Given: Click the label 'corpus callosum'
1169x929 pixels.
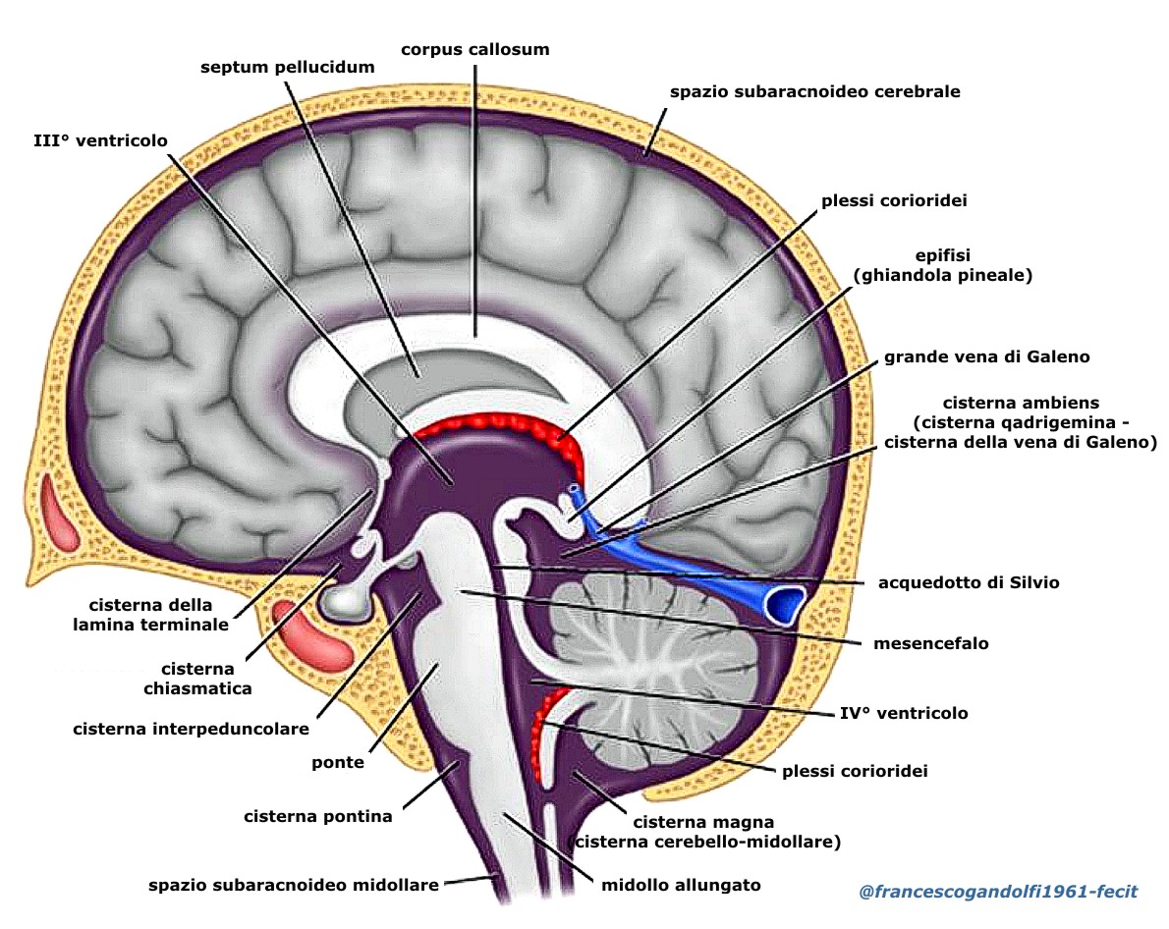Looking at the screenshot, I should tap(475, 48).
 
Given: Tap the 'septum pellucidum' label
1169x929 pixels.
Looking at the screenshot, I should tap(288, 68).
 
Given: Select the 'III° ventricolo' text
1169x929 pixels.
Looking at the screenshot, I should tap(99, 141).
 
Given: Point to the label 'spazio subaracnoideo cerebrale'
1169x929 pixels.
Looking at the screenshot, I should tap(814, 91).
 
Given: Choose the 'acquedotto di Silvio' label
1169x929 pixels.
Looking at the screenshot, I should tap(969, 582).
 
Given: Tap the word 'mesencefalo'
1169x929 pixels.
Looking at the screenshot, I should tap(930, 644).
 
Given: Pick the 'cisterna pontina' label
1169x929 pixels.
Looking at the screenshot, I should tap(318, 816).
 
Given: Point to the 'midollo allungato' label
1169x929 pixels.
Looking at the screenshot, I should tap(681, 885).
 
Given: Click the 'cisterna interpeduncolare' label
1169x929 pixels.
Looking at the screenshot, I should tap(192, 729).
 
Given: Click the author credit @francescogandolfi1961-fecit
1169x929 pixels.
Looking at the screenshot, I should tap(998, 892).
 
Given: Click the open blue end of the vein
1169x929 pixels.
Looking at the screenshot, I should tap(785, 604).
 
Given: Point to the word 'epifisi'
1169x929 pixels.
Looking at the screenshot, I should tap(942, 256).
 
